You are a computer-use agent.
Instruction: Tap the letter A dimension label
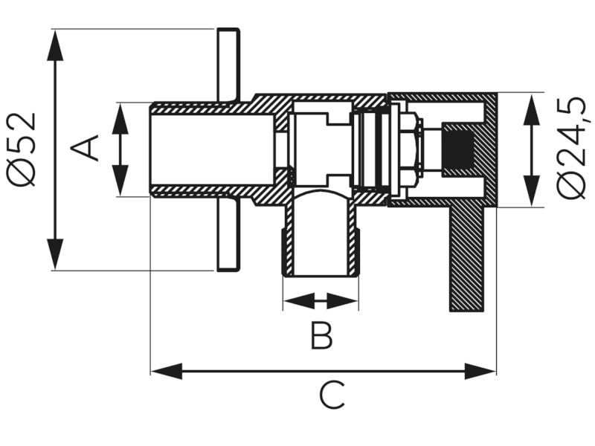(89, 148)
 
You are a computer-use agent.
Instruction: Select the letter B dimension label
(321, 336)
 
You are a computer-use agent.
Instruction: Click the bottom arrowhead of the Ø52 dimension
(54, 256)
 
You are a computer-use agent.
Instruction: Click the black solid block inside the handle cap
(459, 149)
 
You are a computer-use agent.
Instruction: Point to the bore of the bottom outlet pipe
(321, 238)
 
